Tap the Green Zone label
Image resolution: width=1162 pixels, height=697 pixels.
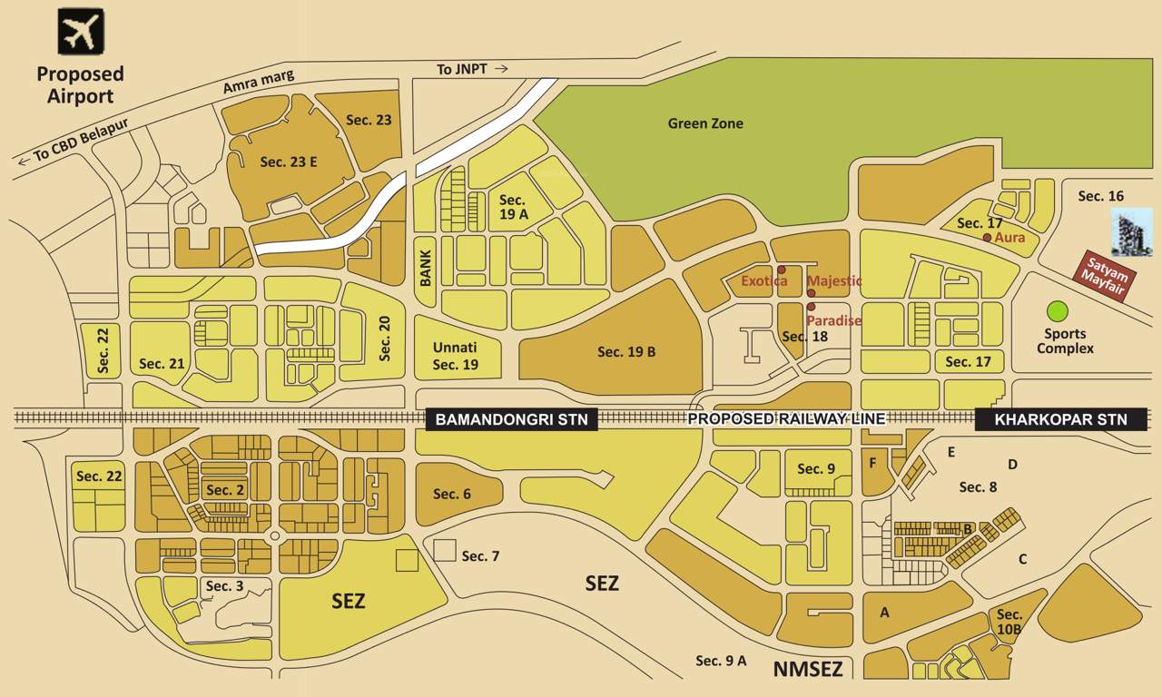coord(705,123)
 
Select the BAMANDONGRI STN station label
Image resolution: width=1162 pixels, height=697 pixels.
coord(511,419)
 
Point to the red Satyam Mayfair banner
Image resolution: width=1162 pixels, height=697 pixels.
coord(1106,274)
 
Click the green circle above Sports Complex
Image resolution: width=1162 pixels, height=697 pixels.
coord(1057,311)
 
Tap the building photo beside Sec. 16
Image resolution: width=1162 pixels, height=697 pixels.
coord(1131,231)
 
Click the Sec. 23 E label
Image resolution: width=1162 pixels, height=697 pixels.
coord(288,162)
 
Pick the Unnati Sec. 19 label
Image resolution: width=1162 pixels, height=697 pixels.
coord(454,356)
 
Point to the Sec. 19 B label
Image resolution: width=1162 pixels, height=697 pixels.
coord(626,351)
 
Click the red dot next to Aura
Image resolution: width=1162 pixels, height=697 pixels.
coord(987,238)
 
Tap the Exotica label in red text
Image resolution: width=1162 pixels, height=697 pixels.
coord(764,281)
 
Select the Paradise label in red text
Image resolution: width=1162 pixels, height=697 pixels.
coord(833,320)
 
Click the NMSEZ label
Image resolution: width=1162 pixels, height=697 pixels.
coord(808,671)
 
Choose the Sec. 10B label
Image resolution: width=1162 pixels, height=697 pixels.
coord(1009,622)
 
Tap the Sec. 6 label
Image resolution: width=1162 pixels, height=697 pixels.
coord(451,494)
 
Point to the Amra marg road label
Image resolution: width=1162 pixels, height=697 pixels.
coord(259,83)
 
